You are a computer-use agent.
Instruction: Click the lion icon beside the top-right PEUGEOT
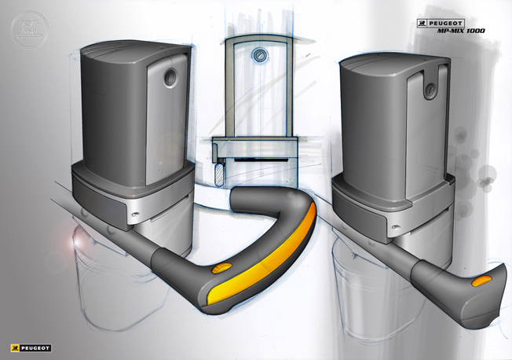tap(422, 23)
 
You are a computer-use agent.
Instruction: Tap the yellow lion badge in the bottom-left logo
tap(15, 347)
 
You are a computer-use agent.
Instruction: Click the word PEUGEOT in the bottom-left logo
tap(35, 347)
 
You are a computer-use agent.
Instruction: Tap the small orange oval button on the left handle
tap(223, 270)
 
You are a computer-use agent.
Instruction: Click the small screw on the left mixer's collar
tap(138, 212)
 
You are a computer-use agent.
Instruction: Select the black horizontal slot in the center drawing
tap(255, 161)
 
